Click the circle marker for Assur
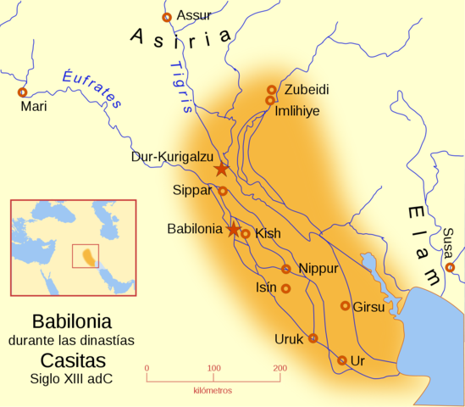click(167, 17)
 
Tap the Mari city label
click(34, 108)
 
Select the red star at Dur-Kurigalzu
click(221, 169)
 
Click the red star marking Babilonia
click(233, 230)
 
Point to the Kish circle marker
click(246, 234)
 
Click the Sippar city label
click(191, 188)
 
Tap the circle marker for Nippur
click(286, 269)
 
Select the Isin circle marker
click(286, 288)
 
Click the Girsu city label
click(368, 308)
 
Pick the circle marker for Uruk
click(313, 338)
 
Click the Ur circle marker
click(341, 360)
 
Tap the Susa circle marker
click(450, 267)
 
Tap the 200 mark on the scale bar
click(278, 368)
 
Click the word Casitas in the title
click(71, 360)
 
